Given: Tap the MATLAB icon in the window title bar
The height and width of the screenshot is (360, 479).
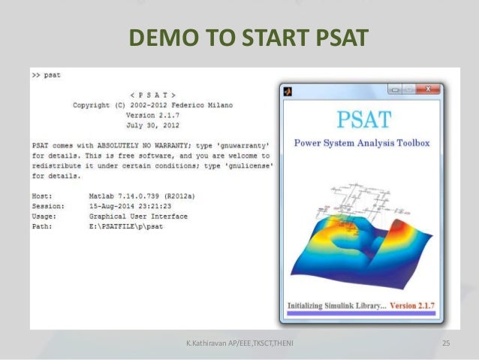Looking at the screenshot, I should pos(288,90).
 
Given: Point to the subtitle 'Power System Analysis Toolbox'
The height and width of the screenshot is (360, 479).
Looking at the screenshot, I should pos(362,142).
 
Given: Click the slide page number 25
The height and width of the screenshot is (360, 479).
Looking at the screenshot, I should pos(446,343).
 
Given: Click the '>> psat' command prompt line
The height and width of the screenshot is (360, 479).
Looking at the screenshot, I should pos(47,75).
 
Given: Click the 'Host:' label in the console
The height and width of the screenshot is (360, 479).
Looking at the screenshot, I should pos(43,195).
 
